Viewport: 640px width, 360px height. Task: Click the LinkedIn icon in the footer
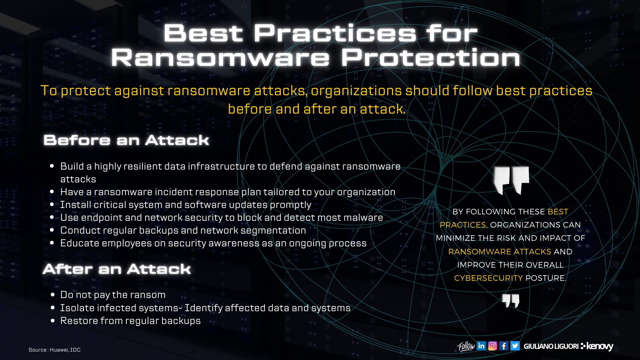tap(481, 346)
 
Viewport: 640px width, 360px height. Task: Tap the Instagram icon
tap(492, 346)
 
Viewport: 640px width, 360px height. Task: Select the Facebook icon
tap(504, 346)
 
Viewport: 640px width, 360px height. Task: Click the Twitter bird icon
tap(515, 346)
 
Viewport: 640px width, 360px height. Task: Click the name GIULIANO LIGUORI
tap(551, 346)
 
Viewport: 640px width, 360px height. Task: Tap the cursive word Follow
tap(466, 346)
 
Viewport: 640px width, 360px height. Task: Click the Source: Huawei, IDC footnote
tap(54, 350)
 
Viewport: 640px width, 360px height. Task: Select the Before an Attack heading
tap(126, 140)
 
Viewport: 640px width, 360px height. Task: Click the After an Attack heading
tap(117, 269)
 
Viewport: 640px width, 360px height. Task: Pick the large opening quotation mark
tap(511, 180)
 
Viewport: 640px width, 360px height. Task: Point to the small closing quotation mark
tap(511, 301)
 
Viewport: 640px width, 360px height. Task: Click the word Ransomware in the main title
tap(220, 58)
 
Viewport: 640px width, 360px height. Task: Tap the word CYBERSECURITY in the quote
tap(488, 278)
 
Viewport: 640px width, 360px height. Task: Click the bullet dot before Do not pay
tap(52, 295)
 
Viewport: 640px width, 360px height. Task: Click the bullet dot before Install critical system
tap(52, 205)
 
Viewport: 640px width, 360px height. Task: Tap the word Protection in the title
tap(430, 58)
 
